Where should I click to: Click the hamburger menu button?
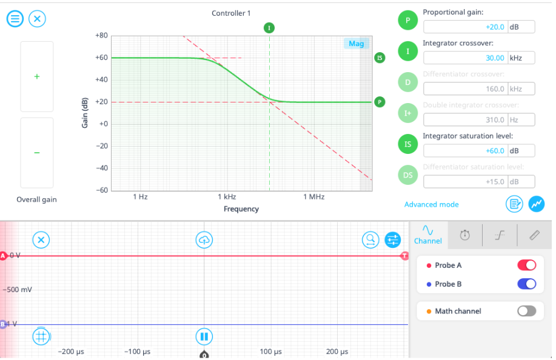[x=15, y=19]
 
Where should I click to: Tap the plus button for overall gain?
[x=37, y=77]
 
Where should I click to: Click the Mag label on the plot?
[x=357, y=44]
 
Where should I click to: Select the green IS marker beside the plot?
[x=380, y=58]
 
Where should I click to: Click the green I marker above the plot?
[x=269, y=28]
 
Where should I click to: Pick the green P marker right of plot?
[x=380, y=102]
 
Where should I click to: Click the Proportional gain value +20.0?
[x=465, y=27]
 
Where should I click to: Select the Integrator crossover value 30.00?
[x=465, y=58]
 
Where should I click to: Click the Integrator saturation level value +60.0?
[x=465, y=150]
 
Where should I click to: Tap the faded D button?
[x=407, y=82]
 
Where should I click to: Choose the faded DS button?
[x=407, y=175]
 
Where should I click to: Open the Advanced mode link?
[x=431, y=205]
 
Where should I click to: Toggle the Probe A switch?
[x=526, y=265]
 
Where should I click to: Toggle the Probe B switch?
[x=526, y=284]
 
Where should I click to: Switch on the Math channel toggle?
[x=526, y=311]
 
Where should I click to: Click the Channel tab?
[x=428, y=235]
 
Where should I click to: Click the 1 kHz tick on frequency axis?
[x=227, y=197]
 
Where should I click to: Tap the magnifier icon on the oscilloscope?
[x=370, y=240]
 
